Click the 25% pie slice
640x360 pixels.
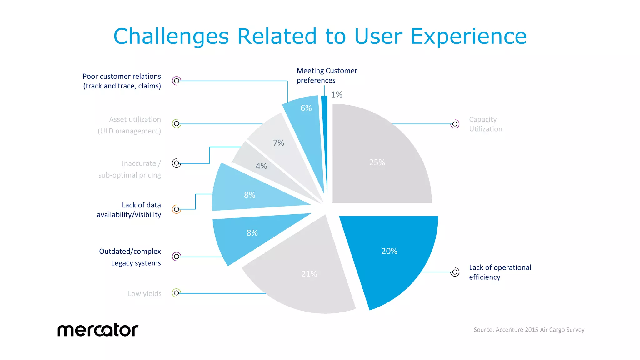(381, 156)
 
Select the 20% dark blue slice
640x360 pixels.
(391, 256)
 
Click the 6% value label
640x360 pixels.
(306, 108)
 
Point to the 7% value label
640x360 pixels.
(278, 143)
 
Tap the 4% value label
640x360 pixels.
(261, 166)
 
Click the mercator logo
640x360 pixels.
(98, 330)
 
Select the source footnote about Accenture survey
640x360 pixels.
(529, 330)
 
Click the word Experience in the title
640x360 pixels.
(468, 36)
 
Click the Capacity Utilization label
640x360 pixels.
(485, 124)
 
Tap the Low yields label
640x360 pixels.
(144, 294)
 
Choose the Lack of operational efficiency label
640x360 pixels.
(500, 272)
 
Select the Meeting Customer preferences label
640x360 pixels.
(327, 75)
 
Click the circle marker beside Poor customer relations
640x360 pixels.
(177, 81)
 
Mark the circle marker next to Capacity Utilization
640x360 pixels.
(455, 124)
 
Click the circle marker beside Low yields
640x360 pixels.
(177, 293)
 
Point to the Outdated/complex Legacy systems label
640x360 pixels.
(130, 257)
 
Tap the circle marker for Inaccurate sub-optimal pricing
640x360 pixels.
(177, 163)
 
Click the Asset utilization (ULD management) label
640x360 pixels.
(129, 125)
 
